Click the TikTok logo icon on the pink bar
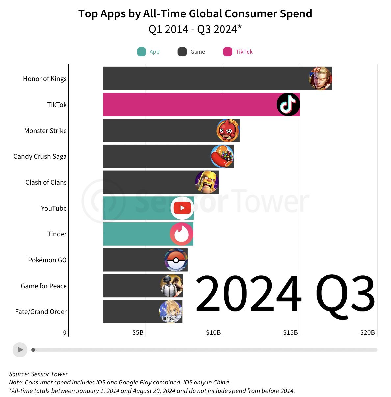click(x=288, y=104)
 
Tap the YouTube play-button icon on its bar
click(x=182, y=208)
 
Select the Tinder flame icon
click(x=181, y=234)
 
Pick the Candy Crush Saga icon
click(x=222, y=156)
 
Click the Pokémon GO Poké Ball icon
click(x=176, y=260)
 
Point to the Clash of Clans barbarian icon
click(x=207, y=182)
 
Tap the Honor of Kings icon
click(x=320, y=78)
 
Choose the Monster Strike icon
click(x=228, y=130)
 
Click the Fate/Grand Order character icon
click(x=171, y=311)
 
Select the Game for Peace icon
click(x=171, y=286)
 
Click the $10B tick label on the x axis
click(x=213, y=332)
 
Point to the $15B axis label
click(x=290, y=332)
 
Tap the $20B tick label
click(x=367, y=332)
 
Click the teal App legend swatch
click(x=142, y=52)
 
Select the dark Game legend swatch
click(x=182, y=52)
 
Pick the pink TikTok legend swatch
click(x=227, y=52)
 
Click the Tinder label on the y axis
click(x=57, y=234)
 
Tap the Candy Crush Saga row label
click(x=40, y=156)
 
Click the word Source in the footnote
click(x=19, y=374)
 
